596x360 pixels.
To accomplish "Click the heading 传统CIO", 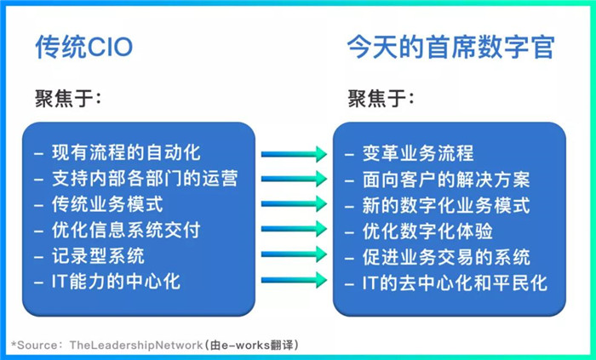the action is [84, 48].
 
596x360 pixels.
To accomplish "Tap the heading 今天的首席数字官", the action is [450, 48].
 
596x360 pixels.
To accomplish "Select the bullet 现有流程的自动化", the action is [126, 152].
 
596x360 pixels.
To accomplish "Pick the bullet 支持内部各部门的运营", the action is [145, 178].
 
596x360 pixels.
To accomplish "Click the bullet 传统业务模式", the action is [107, 204].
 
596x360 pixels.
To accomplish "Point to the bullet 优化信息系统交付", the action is [126, 230].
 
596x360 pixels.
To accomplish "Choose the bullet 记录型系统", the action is [98, 255].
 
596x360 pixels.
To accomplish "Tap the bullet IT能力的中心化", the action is [116, 282].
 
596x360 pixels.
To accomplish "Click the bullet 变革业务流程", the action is [418, 153].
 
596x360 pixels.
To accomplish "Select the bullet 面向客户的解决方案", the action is [446, 180].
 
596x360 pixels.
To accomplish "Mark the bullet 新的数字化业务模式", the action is [446, 205].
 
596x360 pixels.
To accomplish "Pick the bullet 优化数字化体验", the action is [427, 231].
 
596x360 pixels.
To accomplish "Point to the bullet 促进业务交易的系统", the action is [446, 257].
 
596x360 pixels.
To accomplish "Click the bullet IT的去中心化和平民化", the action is [455, 283].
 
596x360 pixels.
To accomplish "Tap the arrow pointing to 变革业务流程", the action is [294, 154].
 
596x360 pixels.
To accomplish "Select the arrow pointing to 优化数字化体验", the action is [294, 229].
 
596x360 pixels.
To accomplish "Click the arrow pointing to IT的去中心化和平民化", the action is [294, 280].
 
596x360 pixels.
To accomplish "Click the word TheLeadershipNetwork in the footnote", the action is [135, 346].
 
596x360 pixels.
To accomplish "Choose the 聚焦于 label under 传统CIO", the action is [68, 99].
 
